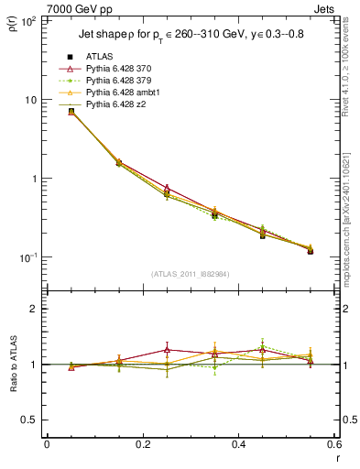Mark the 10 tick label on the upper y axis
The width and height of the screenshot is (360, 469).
pyautogui.click(x=31, y=99)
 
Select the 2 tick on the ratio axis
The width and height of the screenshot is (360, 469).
pyautogui.click(x=32, y=310)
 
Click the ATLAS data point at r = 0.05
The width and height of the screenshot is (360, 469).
pyautogui.click(x=71, y=112)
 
